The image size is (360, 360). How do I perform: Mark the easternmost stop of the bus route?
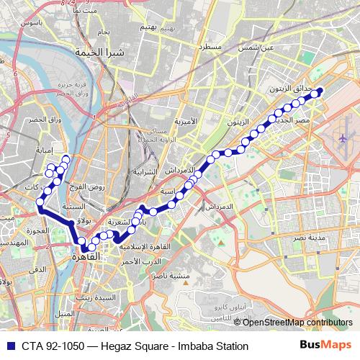pyautogui.click(x=320, y=91)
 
